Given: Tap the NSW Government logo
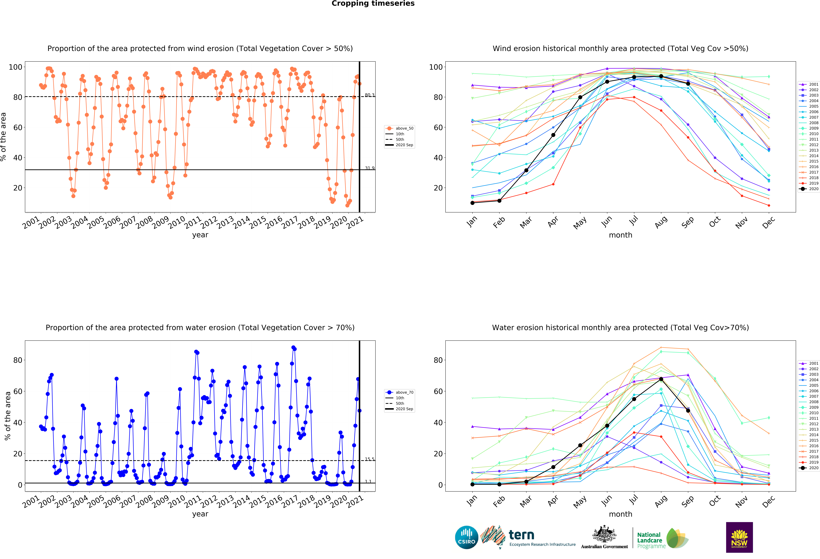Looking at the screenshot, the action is (x=739, y=537).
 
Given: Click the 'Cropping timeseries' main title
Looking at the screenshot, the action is (x=373, y=3).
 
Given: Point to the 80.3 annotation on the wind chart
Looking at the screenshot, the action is (x=369, y=95).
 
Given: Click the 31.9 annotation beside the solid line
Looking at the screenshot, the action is (x=369, y=168).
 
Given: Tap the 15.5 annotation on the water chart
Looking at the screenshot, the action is (x=369, y=459).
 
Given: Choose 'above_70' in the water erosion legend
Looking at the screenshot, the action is (x=404, y=392).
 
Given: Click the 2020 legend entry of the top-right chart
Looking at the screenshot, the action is (x=814, y=189).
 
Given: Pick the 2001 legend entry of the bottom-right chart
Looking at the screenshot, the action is (x=814, y=363).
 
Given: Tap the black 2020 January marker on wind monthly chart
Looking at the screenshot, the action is (x=472, y=203).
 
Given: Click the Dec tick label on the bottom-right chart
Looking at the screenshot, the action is (x=768, y=501).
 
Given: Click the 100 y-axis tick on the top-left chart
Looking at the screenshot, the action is (x=15, y=67).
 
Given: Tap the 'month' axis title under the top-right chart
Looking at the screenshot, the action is (x=620, y=235).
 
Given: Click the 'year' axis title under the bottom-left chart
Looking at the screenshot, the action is (x=200, y=514).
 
